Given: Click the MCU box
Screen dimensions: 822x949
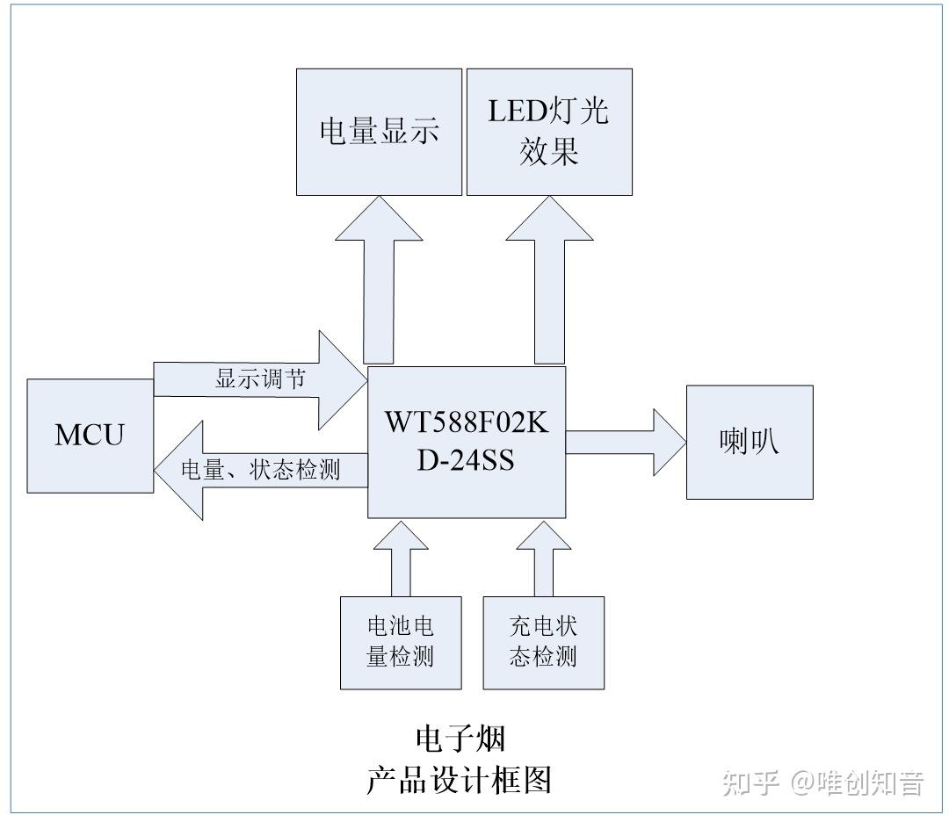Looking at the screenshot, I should coord(90,435).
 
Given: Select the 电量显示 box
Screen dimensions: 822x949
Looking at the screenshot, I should coord(379,132).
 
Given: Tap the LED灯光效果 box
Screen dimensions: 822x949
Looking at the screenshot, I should coord(549,132).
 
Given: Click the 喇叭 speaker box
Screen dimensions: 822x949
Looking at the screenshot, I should coord(749,442).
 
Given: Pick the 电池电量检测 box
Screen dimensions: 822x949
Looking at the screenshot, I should coord(401,642).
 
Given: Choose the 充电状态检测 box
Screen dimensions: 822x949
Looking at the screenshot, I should coord(543,642).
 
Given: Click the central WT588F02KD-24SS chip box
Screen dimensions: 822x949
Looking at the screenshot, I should coord(466,442).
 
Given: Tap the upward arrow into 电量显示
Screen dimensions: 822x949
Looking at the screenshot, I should coord(379,281).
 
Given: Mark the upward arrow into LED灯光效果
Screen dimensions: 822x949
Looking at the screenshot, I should coord(549,281).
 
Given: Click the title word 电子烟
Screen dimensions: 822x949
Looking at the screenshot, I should coord(460,739).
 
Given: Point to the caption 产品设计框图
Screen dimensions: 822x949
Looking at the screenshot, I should coord(459,779).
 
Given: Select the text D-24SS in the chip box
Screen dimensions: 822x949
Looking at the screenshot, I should coord(466,459).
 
